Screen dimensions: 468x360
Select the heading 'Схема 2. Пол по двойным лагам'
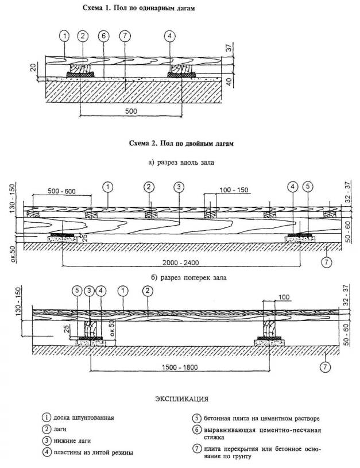(179, 142)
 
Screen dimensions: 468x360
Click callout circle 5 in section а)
(308, 187)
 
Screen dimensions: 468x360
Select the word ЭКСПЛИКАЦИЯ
(180, 397)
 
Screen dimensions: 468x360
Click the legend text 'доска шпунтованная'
(84, 417)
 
